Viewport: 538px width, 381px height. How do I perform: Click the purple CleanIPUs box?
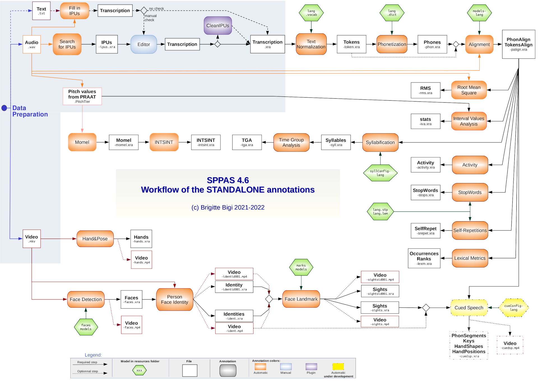[218, 26]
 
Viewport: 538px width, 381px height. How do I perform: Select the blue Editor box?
[144, 44]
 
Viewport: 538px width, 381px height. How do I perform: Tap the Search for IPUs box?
[67, 44]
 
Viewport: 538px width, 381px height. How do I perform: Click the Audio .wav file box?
[32, 44]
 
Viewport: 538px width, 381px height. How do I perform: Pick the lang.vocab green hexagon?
[311, 13]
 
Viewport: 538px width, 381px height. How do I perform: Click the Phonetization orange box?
[392, 44]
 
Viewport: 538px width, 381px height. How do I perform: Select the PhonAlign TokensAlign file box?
[518, 44]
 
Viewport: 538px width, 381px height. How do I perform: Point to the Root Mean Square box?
[469, 90]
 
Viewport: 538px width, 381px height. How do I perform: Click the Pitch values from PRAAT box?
[82, 96]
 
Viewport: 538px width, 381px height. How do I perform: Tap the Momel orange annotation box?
[82, 142]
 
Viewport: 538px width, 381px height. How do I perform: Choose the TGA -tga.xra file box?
[247, 142]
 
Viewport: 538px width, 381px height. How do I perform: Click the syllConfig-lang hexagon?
[380, 173]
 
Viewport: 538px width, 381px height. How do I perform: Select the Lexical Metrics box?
[470, 258]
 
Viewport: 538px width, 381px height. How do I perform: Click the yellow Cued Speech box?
[469, 308]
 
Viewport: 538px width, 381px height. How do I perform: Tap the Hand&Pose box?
[95, 239]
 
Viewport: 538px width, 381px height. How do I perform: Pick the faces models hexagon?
[86, 327]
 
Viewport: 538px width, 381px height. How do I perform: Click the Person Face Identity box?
[175, 300]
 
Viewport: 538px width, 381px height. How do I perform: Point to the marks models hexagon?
[301, 267]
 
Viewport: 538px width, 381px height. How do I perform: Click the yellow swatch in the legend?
[338, 367]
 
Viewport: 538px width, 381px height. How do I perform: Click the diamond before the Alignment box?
[456, 44]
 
